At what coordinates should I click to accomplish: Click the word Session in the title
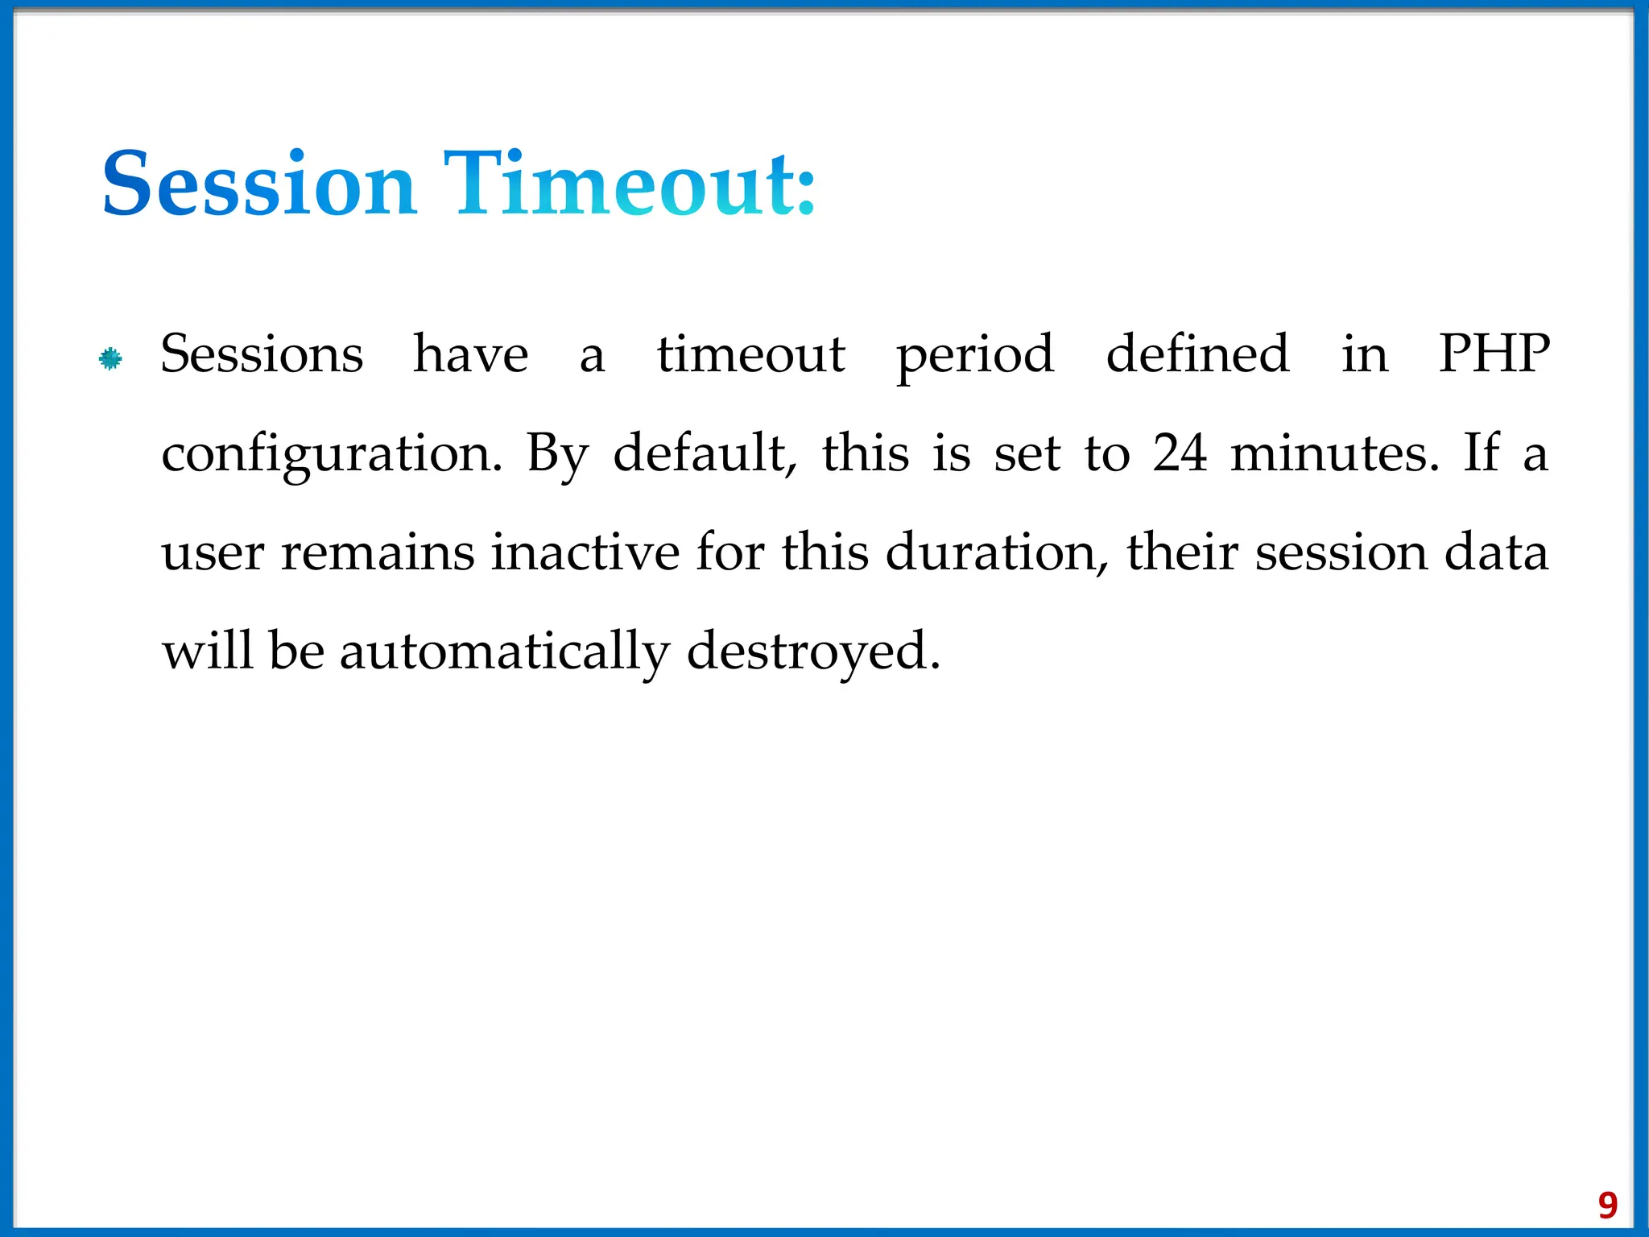point(259,184)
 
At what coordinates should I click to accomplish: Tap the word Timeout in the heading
point(629,184)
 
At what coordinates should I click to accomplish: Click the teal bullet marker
point(110,358)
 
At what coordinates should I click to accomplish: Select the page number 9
point(1607,1205)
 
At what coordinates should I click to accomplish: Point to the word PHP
point(1494,354)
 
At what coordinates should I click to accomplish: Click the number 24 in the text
point(1180,453)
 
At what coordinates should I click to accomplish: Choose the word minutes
point(1334,453)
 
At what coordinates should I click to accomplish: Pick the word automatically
point(504,652)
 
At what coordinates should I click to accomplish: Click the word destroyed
point(813,652)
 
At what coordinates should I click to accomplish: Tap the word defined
point(1197,354)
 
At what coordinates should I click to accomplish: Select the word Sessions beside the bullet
point(262,354)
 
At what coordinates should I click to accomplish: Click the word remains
point(378,554)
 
